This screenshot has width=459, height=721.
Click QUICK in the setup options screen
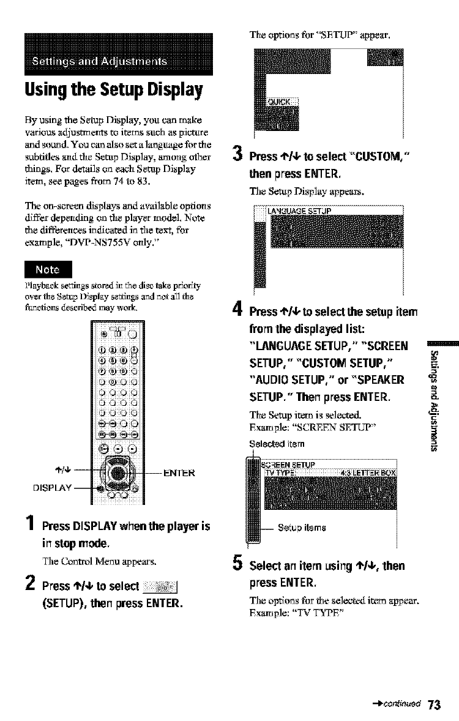tap(281, 102)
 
